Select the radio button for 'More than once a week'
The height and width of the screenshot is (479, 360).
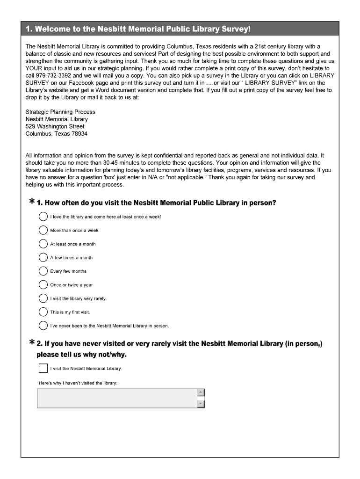tap(43, 230)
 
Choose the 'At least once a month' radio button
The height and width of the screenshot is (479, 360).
tap(43, 244)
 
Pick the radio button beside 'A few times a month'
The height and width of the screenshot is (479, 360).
tap(43, 257)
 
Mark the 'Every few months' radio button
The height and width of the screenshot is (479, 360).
tap(43, 271)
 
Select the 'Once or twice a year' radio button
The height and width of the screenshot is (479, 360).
tap(43, 284)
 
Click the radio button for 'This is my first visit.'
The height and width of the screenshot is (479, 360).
tap(43, 312)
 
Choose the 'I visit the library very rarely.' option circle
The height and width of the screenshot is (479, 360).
tap(43, 298)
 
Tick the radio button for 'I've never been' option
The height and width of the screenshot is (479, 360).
tap(43, 326)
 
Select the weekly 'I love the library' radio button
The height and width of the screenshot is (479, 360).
tap(43, 217)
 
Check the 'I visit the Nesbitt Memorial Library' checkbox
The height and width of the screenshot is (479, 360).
tap(43, 368)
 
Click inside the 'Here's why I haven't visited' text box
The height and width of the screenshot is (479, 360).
tap(117, 399)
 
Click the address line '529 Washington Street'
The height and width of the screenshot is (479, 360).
tap(55, 126)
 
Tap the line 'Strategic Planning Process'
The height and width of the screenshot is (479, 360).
tap(60, 112)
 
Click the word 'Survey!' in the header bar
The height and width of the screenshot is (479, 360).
tap(237, 29)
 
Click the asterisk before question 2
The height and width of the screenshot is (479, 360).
tap(32, 343)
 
